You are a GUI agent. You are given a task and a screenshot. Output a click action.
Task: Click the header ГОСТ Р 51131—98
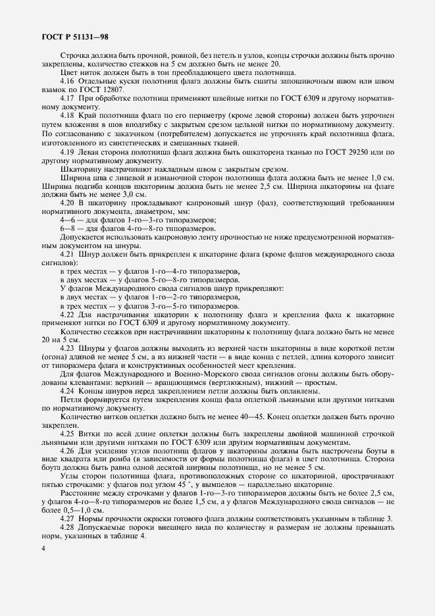pos(73,37)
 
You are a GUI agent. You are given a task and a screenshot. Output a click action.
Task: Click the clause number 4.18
pos(68,115)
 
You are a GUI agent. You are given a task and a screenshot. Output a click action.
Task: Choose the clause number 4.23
pos(68,347)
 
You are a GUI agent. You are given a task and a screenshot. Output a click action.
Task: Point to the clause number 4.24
pos(68,391)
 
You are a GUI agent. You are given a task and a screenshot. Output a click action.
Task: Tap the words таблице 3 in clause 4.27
pos(374,519)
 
